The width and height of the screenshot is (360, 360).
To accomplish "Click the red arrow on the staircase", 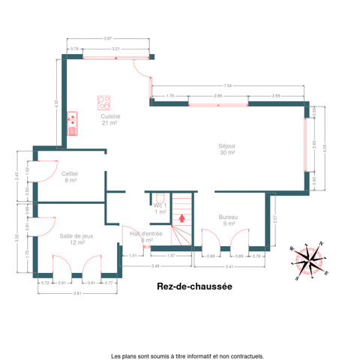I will click(x=180, y=218).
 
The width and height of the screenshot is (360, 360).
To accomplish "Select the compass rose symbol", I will click(x=309, y=259).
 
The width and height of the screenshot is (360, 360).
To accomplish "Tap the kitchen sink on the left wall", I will click(x=73, y=121).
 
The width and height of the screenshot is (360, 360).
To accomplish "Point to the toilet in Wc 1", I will click(x=160, y=197).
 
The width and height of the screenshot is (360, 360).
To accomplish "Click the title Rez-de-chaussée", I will click(x=194, y=286).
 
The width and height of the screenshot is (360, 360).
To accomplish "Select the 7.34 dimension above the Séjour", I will click(x=227, y=86).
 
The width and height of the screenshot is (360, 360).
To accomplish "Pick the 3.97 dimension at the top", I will click(x=108, y=38).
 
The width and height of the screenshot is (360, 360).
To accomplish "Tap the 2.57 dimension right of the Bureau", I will click(x=276, y=220).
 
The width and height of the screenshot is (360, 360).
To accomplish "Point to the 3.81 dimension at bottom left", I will click(x=77, y=292).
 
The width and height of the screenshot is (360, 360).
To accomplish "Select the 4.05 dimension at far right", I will click(x=324, y=147).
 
